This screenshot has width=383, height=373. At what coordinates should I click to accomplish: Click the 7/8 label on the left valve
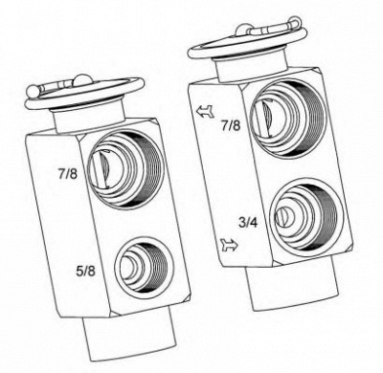tap(68, 174)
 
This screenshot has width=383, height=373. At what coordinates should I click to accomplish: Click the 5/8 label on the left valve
tap(85, 271)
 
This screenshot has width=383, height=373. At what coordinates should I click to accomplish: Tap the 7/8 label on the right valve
tap(231, 125)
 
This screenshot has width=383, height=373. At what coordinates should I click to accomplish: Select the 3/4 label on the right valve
tap(248, 222)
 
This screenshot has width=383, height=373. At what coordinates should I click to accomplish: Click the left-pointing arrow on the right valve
tap(205, 112)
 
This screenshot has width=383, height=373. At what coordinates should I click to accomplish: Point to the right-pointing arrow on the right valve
tap(229, 246)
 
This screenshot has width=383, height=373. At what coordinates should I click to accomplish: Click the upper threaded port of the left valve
tap(124, 169)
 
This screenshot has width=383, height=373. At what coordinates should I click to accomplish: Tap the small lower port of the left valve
tap(145, 266)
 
